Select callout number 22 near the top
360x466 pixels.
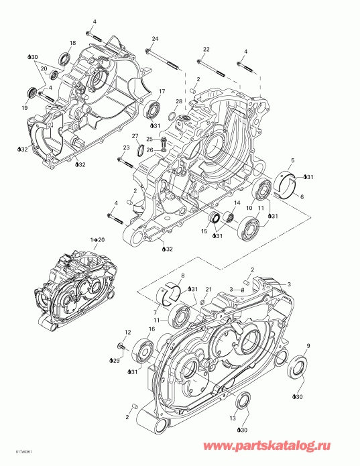206,49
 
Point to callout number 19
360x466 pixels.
25,107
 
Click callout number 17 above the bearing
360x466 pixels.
161,91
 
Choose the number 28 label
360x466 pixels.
179,101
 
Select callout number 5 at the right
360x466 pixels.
292,161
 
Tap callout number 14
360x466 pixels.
236,202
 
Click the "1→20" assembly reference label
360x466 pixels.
98,239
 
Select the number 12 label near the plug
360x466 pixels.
127,332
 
